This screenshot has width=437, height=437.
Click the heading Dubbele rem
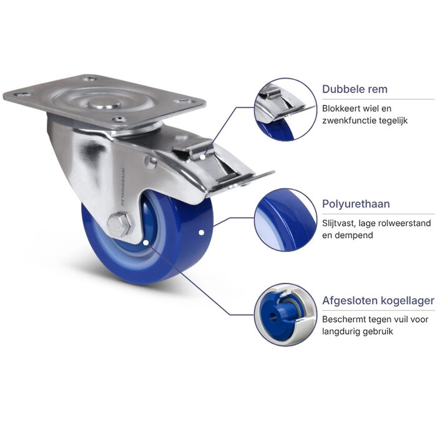tap(355, 89)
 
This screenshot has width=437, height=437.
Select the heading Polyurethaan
tap(356, 204)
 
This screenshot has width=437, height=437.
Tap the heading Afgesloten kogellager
tap(378, 301)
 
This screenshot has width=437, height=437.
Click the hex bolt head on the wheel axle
tap(120, 225)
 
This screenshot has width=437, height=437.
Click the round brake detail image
tap(285, 109)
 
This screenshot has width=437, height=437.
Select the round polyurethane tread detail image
tap(285, 220)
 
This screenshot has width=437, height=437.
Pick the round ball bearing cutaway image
tap(285, 315)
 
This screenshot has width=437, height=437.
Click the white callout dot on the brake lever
tap(203, 157)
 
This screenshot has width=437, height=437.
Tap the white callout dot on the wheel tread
tap(201, 232)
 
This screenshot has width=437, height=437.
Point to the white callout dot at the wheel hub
tap(145, 243)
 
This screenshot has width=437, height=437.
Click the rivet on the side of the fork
tap(150, 162)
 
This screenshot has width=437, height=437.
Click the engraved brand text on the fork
tap(123, 187)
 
